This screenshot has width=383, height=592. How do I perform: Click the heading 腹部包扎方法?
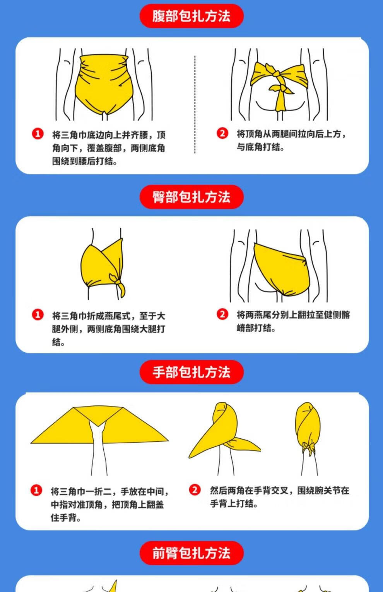(x=191, y=16)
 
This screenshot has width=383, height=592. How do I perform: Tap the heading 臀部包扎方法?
(x=191, y=197)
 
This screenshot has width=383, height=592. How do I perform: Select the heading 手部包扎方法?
(x=191, y=372)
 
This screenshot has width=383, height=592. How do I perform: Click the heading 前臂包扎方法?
(x=191, y=553)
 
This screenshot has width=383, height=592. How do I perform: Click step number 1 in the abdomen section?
(x=38, y=134)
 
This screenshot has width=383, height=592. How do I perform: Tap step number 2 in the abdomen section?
(x=222, y=133)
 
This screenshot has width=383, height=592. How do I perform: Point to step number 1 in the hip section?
(x=38, y=315)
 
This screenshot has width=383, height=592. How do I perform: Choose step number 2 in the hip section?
(x=222, y=314)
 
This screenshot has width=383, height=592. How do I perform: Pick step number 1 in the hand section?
(x=36, y=490)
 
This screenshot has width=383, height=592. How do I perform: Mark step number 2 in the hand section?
(x=195, y=490)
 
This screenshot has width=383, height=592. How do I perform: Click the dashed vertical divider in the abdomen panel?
(x=195, y=104)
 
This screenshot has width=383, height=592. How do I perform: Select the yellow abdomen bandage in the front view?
(x=103, y=85)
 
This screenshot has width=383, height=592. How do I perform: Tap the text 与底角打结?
(x=258, y=147)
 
